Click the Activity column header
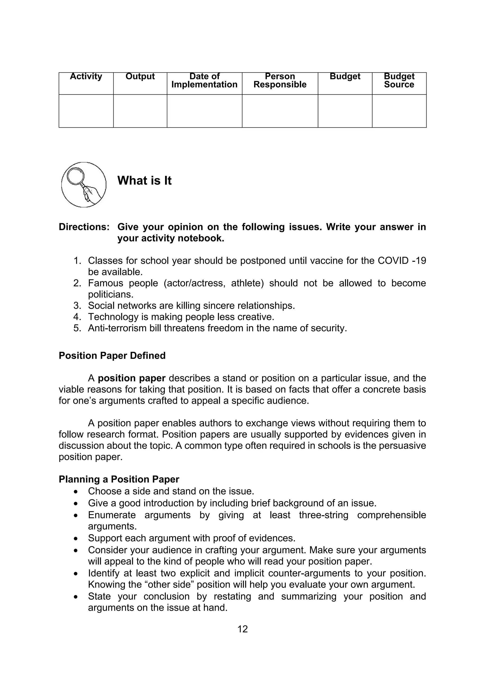tap(86, 76)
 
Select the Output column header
tap(140, 76)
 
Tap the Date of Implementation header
tap(204, 80)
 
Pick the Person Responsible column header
tap(280, 80)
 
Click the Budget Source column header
tap(399, 80)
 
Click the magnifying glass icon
tap(84, 185)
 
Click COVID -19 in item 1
tap(402, 261)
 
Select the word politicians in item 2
tap(110, 295)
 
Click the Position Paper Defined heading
tap(112, 356)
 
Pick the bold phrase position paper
tap(131, 378)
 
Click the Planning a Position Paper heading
tap(119, 479)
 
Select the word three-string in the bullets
tap(324, 515)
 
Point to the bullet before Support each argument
tap(76, 538)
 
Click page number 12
tap(242, 629)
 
